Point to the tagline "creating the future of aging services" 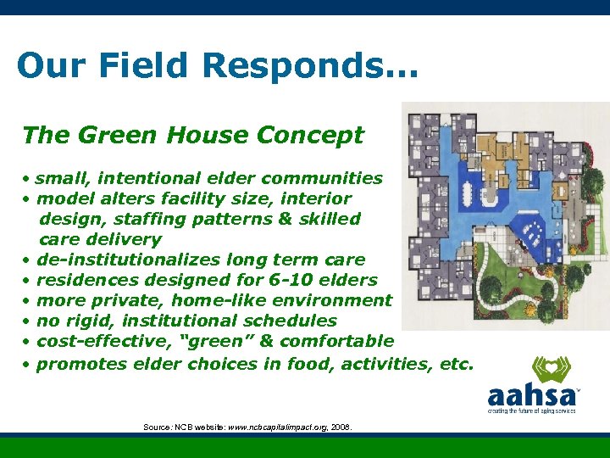tap(531, 411)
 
